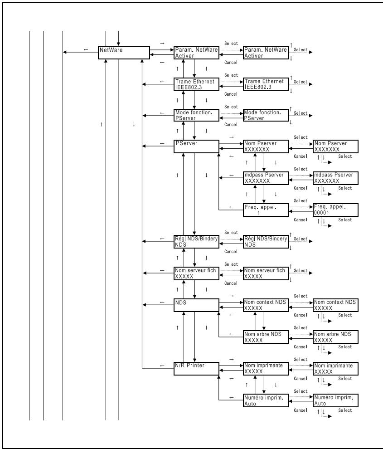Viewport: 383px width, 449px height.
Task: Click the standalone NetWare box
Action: pyautogui.click(x=124, y=53)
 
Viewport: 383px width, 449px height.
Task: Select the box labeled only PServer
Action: pyautogui.click(x=196, y=146)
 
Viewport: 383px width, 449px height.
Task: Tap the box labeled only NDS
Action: pyautogui.click(x=196, y=305)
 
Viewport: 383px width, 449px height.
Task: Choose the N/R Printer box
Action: pyautogui.click(x=196, y=369)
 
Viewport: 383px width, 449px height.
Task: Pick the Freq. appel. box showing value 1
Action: pyautogui.click(x=266, y=210)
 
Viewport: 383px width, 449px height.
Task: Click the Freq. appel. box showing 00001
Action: pyautogui.click(x=335, y=210)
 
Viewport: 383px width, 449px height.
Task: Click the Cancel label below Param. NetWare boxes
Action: pyautogui.click(x=231, y=63)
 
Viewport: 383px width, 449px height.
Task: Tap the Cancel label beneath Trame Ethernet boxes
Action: pyautogui.click(x=231, y=94)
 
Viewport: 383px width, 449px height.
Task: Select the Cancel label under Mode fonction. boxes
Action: pyautogui.click(x=231, y=125)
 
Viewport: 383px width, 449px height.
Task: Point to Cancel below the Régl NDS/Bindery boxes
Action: pyautogui.click(x=231, y=251)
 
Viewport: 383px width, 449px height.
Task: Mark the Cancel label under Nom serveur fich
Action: pyautogui.click(x=231, y=283)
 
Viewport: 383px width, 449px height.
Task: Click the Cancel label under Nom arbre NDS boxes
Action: pyautogui.click(x=300, y=347)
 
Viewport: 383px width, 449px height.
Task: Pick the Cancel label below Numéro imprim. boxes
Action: pyautogui.click(x=300, y=410)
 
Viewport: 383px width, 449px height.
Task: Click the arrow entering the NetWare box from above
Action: pyautogui.click(x=118, y=39)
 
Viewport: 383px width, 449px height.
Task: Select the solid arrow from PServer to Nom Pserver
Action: pyautogui.click(x=231, y=143)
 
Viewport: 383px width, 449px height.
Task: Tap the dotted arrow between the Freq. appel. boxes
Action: pyautogui.click(x=301, y=207)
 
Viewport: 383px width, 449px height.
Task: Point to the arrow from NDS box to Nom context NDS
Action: pyautogui.click(x=231, y=303)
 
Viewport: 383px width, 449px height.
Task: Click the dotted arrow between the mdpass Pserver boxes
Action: pyautogui.click(x=301, y=175)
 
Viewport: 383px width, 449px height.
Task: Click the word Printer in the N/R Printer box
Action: pyautogui.click(x=195, y=366)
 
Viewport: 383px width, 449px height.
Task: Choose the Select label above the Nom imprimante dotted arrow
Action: pyautogui.click(x=300, y=359)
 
